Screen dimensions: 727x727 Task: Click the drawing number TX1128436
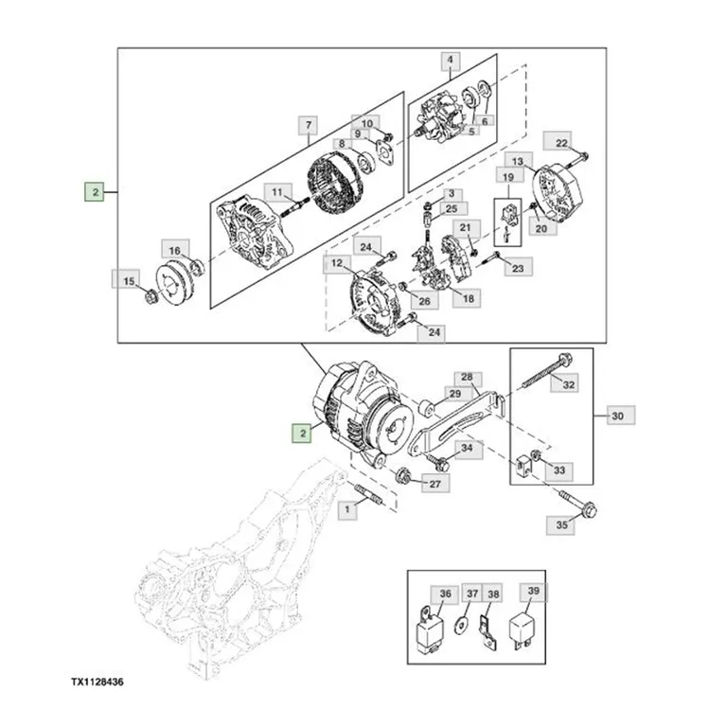point(98,682)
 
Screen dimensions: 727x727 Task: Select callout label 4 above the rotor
point(450,61)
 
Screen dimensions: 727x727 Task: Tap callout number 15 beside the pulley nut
point(128,281)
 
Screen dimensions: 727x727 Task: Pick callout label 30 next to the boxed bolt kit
point(617,416)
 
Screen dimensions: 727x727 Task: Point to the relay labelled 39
point(523,630)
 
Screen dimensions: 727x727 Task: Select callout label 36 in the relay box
point(445,594)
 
